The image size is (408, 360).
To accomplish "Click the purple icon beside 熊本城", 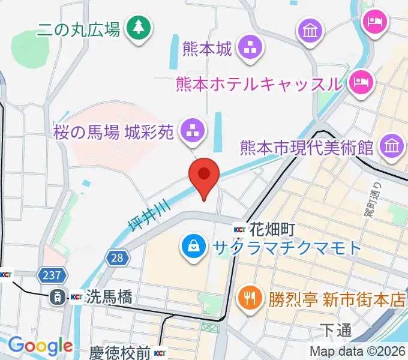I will click(x=248, y=48).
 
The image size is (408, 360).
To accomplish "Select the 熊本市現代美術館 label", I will click(x=307, y=147).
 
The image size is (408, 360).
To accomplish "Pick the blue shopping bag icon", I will click(x=194, y=246).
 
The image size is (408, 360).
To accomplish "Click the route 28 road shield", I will click(x=116, y=258).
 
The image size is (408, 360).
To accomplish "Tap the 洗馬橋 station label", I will click(x=109, y=296).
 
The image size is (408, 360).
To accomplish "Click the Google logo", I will click(x=40, y=346).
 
